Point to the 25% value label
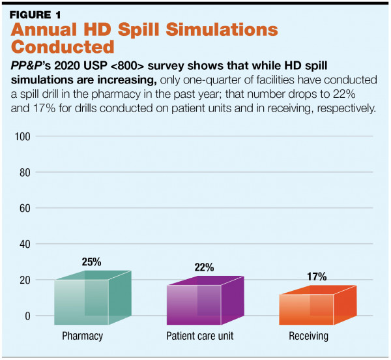(91, 262)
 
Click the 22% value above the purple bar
(204, 268)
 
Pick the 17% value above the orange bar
(317, 276)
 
